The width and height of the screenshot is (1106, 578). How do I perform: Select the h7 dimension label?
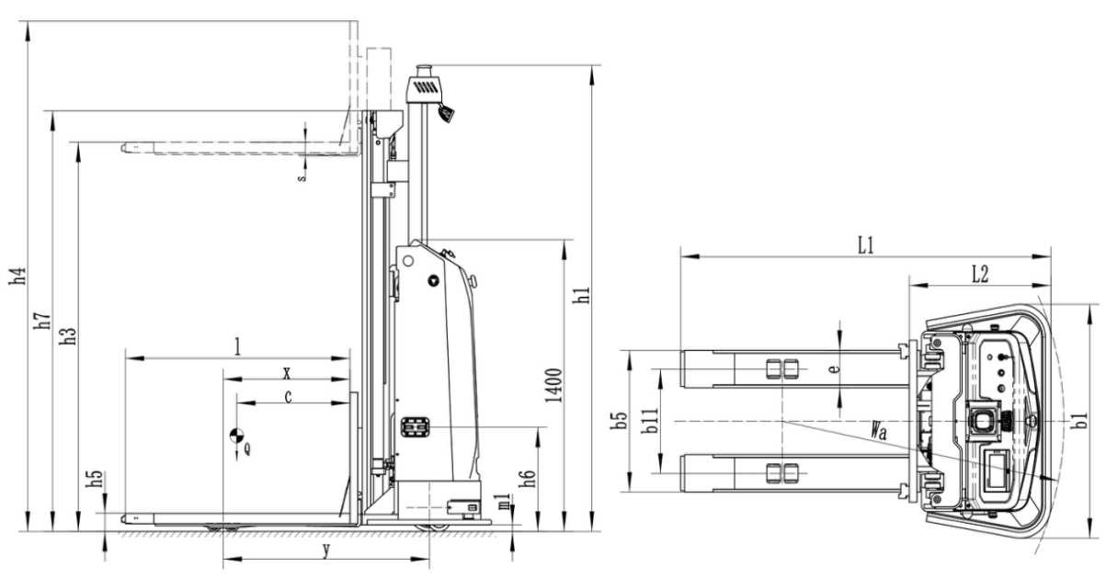click(42, 321)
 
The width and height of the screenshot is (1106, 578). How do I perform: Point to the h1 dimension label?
click(580, 295)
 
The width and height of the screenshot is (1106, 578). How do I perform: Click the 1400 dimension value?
click(553, 386)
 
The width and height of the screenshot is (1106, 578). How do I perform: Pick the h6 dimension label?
click(528, 479)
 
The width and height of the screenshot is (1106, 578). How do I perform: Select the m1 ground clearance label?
click(503, 501)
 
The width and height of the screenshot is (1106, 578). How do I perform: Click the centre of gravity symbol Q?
click(237, 437)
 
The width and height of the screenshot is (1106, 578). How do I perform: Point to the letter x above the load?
click(287, 373)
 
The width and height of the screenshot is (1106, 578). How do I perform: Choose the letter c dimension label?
click(289, 397)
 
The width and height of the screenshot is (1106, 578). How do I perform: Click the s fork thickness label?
click(301, 176)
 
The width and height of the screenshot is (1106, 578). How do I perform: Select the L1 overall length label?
click(865, 245)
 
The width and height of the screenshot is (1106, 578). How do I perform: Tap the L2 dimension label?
click(980, 273)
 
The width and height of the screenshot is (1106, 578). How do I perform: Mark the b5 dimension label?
click(621, 422)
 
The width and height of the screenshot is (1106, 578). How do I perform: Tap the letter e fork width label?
click(833, 369)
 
